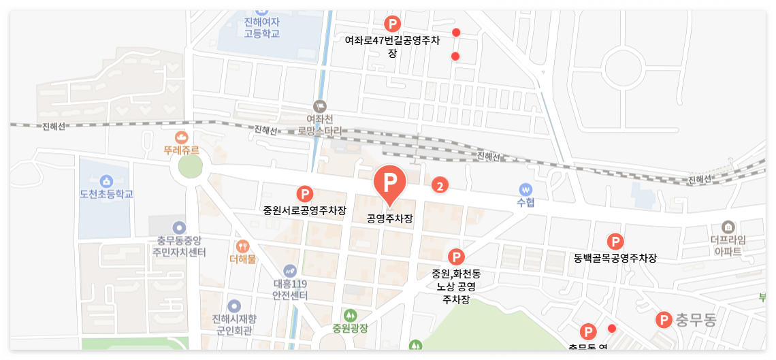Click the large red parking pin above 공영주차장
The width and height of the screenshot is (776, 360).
(390, 182)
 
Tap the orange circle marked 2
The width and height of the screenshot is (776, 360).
(440, 184)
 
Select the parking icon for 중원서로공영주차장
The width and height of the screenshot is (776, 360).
(304, 194)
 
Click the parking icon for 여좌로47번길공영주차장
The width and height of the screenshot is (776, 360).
(392, 24)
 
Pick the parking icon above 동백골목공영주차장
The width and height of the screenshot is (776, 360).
(615, 242)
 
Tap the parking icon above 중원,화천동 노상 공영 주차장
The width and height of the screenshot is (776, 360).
(456, 257)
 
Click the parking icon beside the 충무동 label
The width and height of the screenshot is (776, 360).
(663, 320)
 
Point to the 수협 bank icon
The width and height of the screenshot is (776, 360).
(525, 189)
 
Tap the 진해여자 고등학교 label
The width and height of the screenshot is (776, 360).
(262, 27)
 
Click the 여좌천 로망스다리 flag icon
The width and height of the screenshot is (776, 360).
(320, 106)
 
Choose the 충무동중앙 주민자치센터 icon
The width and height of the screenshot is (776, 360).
(178, 227)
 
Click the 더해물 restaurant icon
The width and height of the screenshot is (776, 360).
(242, 246)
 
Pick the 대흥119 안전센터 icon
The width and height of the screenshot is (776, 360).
(291, 270)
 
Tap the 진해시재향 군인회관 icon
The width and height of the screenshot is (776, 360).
(234, 307)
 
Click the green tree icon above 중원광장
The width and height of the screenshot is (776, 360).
(350, 315)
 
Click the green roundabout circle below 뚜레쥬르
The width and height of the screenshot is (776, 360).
(191, 167)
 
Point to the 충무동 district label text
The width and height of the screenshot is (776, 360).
(696, 320)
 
